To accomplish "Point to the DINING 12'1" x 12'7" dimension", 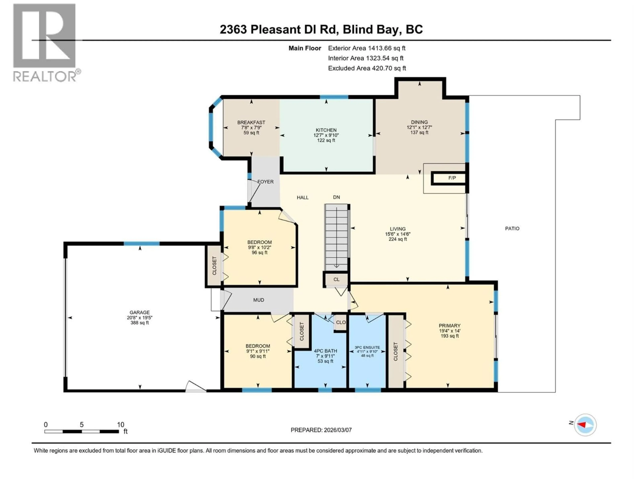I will (419, 127).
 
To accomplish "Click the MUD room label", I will (258, 300).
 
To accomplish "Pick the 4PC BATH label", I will (325, 351).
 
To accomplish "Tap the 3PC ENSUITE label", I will (367, 347).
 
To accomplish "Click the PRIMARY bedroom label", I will (449, 326).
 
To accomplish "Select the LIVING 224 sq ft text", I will (398, 239).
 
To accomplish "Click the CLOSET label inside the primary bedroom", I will (395, 352).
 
